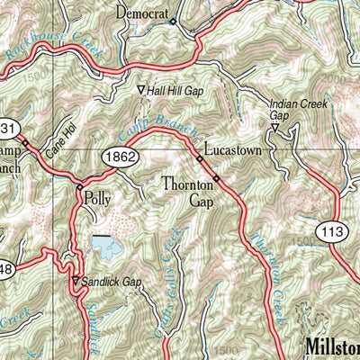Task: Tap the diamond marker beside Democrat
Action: pos(173,22)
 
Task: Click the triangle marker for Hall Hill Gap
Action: pos(140,90)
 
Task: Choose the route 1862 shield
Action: pos(119,155)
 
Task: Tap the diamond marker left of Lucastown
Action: pos(200,159)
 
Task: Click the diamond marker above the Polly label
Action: pos(79,186)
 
